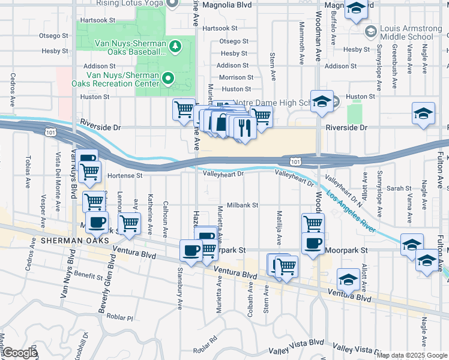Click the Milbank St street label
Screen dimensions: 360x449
click(242, 205)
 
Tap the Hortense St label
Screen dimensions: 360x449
click(125, 176)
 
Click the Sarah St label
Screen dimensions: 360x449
click(398, 188)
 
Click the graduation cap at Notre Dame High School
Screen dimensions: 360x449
click(322, 101)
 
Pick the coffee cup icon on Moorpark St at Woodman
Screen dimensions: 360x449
click(312, 243)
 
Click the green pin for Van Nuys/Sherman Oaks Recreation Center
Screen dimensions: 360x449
click(169, 78)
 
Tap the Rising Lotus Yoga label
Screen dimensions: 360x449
click(133, 3)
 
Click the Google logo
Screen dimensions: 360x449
click(20, 353)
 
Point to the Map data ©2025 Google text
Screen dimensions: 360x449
click(412, 355)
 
